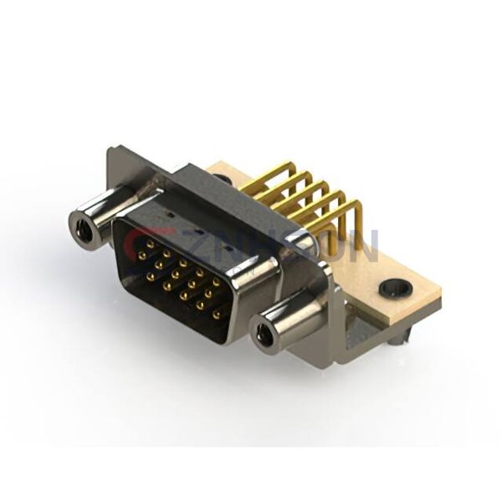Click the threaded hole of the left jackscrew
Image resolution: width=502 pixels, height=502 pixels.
(85, 227)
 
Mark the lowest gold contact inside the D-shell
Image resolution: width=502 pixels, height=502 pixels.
(218, 315)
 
